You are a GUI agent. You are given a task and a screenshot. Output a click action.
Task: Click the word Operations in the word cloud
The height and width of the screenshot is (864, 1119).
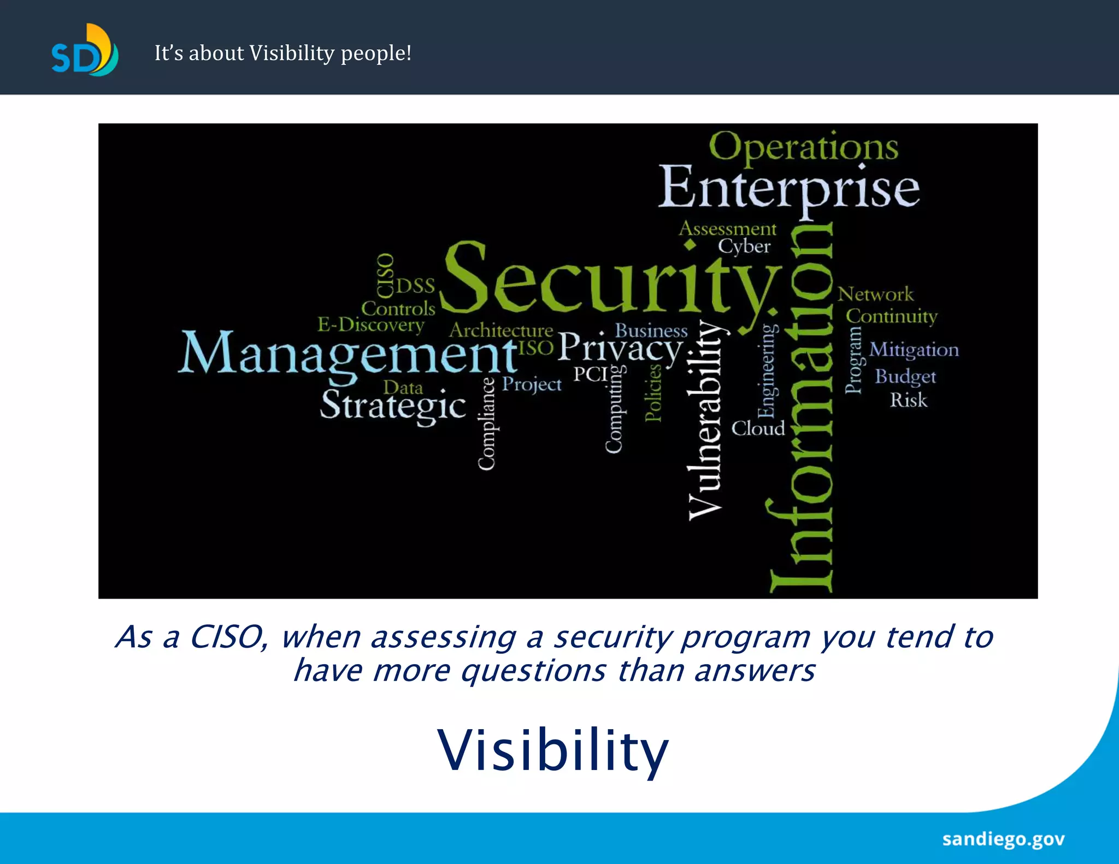(x=803, y=147)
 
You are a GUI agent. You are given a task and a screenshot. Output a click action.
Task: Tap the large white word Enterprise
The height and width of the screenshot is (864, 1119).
(x=788, y=188)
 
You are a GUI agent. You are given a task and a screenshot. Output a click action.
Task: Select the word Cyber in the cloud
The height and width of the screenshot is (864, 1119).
(x=744, y=246)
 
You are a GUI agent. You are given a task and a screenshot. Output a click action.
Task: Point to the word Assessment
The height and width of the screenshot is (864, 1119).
(x=727, y=228)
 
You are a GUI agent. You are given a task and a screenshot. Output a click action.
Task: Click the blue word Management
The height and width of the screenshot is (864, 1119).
(x=347, y=353)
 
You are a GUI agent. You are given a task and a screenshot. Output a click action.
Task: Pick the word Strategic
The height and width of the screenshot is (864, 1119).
(x=392, y=406)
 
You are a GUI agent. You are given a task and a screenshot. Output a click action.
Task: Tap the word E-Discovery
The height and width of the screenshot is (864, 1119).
(x=371, y=325)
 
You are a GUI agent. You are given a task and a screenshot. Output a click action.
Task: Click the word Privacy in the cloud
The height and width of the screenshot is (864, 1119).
(x=620, y=348)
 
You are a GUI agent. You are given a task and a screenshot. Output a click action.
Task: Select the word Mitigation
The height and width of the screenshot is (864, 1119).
(x=914, y=350)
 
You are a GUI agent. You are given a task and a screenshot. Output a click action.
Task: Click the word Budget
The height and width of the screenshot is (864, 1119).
(x=905, y=376)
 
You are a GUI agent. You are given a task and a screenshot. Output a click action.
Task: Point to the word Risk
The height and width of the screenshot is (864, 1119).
(x=908, y=400)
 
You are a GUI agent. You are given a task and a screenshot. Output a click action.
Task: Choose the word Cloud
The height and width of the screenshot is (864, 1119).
(x=758, y=428)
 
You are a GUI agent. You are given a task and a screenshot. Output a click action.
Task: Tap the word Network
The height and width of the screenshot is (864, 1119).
(x=875, y=294)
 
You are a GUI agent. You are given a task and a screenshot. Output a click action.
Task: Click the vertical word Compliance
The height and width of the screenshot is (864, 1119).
(x=486, y=423)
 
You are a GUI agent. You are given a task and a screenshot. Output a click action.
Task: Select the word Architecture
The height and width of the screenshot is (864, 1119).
(x=501, y=330)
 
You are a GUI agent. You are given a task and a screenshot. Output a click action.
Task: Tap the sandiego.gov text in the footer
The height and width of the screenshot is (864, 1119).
(x=1003, y=839)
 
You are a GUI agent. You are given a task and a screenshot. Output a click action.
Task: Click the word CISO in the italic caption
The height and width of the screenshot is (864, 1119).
(x=227, y=637)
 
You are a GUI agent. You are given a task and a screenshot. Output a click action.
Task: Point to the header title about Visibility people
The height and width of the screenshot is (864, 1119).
(x=282, y=53)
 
